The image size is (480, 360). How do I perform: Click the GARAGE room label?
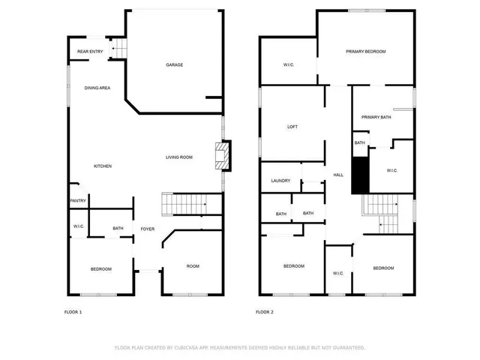[x=175, y=65]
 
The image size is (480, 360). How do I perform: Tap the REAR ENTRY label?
[x=90, y=52]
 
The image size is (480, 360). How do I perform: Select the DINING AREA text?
[x=97, y=88]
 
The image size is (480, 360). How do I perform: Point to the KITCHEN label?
[x=103, y=166]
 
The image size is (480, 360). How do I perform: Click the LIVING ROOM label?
[x=180, y=157]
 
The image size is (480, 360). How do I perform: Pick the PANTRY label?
[x=78, y=200]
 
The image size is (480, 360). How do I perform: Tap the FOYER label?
[x=148, y=228]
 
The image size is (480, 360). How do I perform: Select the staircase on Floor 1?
[x=184, y=203]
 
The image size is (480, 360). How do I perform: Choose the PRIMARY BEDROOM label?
[x=366, y=51]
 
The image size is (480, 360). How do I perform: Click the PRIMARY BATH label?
[x=376, y=117]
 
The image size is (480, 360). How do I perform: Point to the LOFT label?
[x=292, y=127]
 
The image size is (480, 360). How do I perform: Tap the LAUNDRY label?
[x=280, y=181]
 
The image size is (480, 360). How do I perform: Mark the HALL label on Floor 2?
[x=338, y=175]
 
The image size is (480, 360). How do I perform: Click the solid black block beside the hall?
[x=360, y=176]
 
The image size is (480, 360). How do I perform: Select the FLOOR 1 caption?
[x=73, y=312]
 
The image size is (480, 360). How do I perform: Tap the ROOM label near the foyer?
[x=193, y=266]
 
